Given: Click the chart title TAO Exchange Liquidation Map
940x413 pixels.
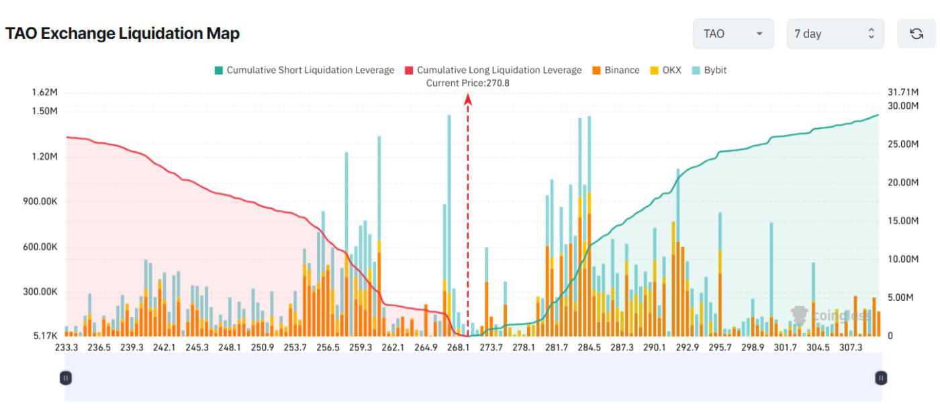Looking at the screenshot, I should point(122,34).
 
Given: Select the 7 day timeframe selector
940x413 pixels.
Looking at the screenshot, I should point(835,34).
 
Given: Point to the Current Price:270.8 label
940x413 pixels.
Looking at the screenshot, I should point(468,83).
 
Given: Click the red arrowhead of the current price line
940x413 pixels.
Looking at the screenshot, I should point(468,99).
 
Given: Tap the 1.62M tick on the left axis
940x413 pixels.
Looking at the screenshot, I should point(44,93).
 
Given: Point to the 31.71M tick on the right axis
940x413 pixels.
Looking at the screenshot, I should point(902,93).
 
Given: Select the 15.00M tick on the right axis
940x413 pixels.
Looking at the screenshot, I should point(902,221).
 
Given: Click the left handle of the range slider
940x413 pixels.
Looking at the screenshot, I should point(66,378).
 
